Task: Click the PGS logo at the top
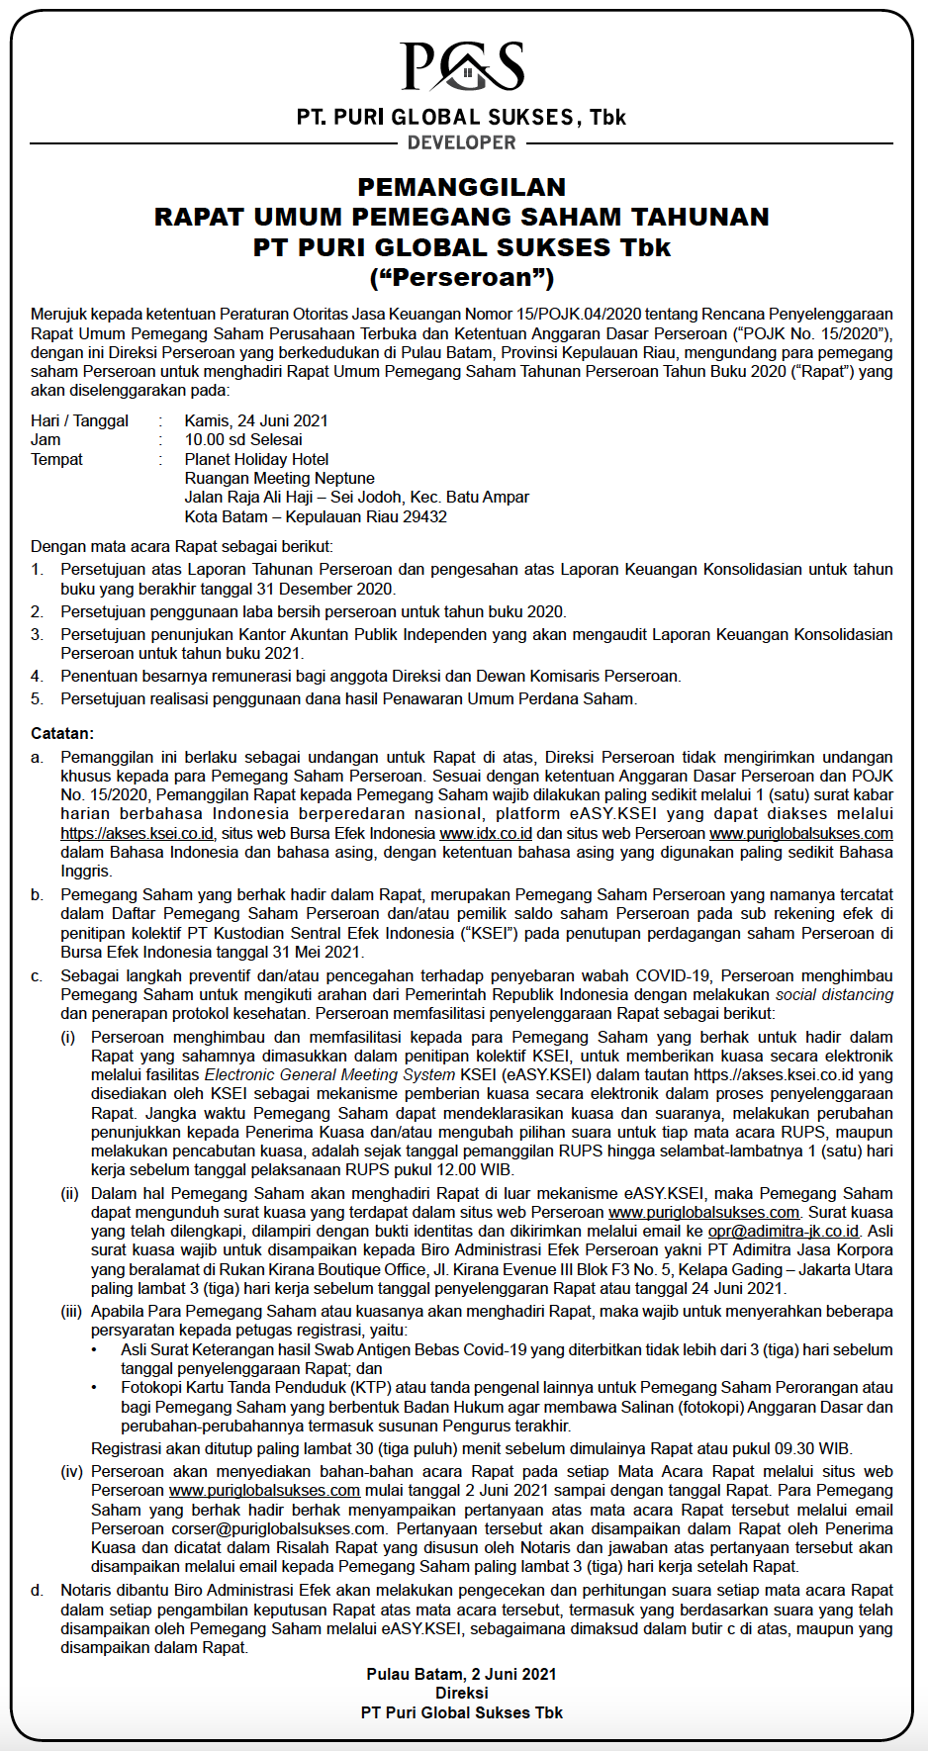point(462,67)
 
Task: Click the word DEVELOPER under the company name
point(462,142)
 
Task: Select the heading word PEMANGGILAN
point(462,187)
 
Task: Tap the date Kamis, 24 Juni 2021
point(256,420)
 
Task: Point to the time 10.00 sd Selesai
point(243,439)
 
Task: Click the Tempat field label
point(56,459)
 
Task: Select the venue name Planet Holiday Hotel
point(256,459)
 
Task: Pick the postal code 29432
point(425,516)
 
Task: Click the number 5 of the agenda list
point(37,698)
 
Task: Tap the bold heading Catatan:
point(62,733)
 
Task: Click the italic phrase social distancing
point(834,994)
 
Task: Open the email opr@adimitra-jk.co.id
point(784,1231)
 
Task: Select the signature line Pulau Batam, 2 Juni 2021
point(462,1674)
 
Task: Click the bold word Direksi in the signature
point(462,1693)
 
